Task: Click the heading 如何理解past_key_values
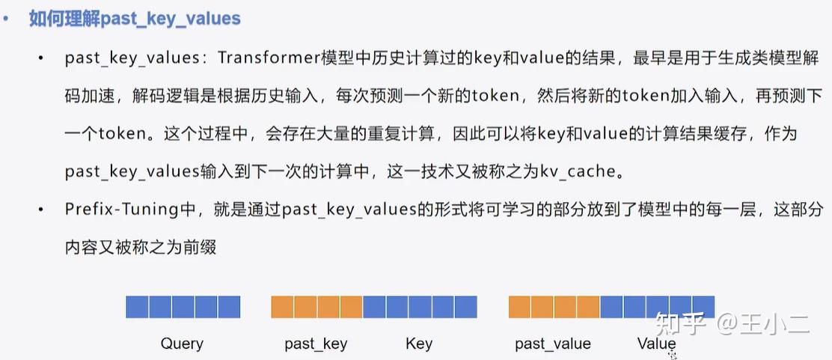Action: click(135, 19)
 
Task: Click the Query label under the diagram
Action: click(182, 344)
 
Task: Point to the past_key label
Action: click(316, 344)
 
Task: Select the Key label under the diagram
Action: click(419, 344)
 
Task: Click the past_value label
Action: click(553, 344)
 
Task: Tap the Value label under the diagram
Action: click(656, 344)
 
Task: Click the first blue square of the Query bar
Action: click(137, 307)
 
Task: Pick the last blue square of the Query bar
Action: click(229, 307)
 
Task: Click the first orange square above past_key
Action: click(283, 307)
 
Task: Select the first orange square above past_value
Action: click(520, 307)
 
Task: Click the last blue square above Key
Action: click(465, 307)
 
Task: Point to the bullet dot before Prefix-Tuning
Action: click(40, 210)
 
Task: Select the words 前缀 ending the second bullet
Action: click(201, 247)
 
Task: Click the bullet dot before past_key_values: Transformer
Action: click(40, 58)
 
